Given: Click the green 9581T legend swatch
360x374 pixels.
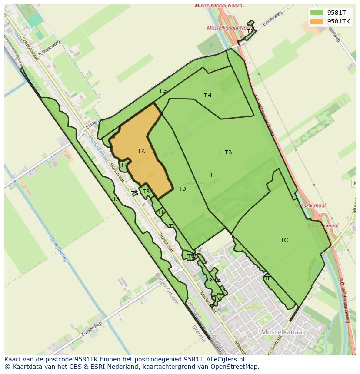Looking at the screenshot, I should [x=317, y=13].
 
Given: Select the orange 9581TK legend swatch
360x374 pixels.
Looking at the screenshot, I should [x=317, y=21].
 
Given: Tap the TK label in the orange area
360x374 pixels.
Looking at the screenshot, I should [x=141, y=151].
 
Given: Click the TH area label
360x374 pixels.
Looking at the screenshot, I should [x=207, y=96].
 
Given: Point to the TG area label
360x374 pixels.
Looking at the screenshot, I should [x=163, y=91].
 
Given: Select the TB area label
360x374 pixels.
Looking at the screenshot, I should [x=228, y=152].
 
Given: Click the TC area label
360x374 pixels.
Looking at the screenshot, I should [x=284, y=240].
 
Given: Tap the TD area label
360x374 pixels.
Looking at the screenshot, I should [x=182, y=189].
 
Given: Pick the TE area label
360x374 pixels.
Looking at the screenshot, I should [x=267, y=278].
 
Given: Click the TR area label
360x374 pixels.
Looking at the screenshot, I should [x=146, y=192].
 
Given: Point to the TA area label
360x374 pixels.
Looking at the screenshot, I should [x=116, y=199].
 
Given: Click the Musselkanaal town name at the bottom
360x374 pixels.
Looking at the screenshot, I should [x=283, y=332].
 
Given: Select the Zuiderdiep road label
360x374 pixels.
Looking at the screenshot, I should [x=92, y=330].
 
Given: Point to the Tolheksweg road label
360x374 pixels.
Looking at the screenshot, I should [x=49, y=48].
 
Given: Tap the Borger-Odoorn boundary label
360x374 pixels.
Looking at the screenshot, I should [x=167, y=288].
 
